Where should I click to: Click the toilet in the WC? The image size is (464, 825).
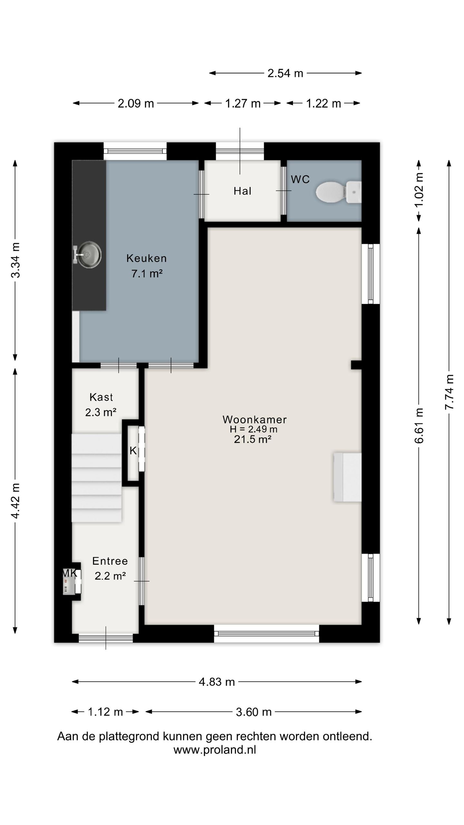(x=338, y=192)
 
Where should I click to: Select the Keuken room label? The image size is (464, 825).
(x=147, y=258)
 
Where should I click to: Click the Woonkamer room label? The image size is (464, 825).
(x=255, y=419)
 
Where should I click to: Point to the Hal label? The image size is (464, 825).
(x=242, y=191)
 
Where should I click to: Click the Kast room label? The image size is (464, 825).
(x=101, y=397)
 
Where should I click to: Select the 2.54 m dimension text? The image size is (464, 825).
(x=285, y=73)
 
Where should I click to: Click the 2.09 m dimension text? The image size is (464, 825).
(x=136, y=103)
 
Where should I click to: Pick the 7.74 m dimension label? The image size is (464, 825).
(x=449, y=392)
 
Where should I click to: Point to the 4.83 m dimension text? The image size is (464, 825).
(x=217, y=682)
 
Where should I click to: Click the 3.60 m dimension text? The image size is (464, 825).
(x=254, y=712)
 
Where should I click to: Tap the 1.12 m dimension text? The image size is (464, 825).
(x=105, y=712)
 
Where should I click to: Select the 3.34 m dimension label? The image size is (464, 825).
(x=15, y=260)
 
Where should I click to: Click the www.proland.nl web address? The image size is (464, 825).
(x=215, y=750)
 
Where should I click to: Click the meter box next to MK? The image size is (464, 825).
(x=72, y=581)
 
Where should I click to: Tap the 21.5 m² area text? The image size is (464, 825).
(x=253, y=439)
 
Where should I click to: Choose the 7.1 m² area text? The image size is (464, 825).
(x=147, y=274)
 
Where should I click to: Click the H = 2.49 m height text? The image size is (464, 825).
(x=254, y=429)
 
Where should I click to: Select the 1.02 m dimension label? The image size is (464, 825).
(x=419, y=190)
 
